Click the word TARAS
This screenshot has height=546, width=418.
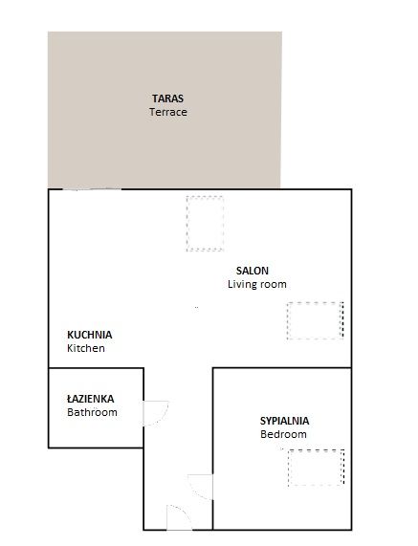click(167, 98)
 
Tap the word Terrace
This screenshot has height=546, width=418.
click(167, 112)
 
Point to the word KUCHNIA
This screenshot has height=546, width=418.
click(90, 335)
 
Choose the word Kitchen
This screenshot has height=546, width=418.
click(85, 349)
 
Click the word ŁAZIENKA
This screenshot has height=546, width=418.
click(91, 399)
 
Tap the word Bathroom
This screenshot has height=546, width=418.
click(92, 413)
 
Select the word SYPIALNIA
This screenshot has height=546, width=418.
click(285, 420)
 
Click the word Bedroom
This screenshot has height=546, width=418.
click(283, 434)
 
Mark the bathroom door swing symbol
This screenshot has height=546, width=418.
click(153, 411)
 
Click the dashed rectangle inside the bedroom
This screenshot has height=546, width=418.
click(315, 466)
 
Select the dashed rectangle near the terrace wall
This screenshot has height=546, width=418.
click(204, 223)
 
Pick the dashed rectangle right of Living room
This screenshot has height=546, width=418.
click(315, 319)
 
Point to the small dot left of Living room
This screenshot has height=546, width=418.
click(197, 307)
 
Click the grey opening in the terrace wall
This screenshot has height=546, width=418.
click(93, 190)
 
